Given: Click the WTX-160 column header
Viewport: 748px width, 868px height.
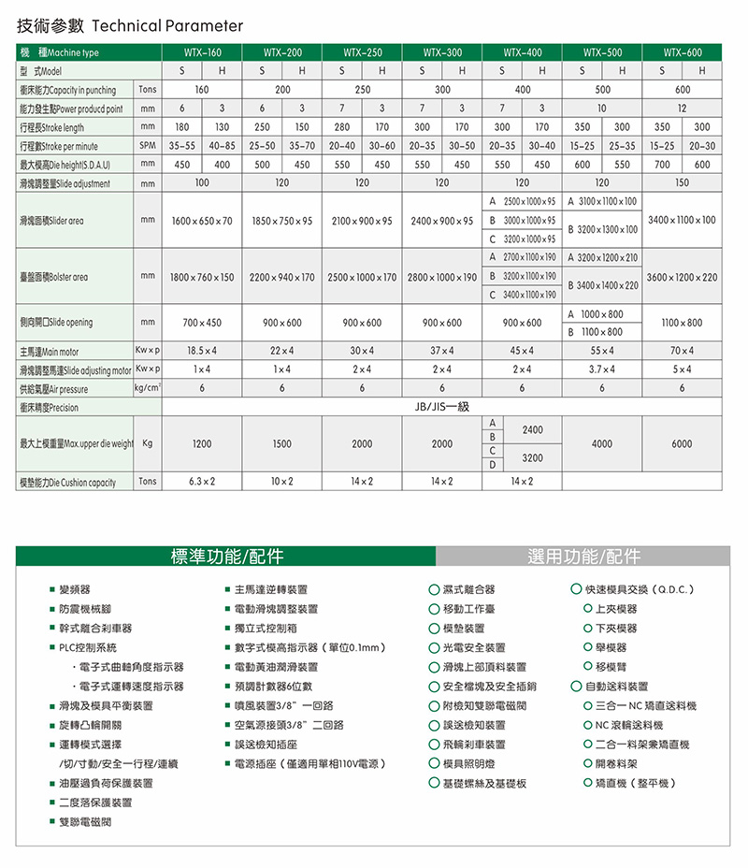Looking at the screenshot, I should click(x=202, y=53).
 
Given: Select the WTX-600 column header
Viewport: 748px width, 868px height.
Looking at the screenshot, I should click(x=682, y=53).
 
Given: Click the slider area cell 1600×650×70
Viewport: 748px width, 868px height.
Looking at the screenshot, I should click(x=202, y=221).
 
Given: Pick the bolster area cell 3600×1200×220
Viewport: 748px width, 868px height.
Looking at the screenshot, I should click(x=682, y=277).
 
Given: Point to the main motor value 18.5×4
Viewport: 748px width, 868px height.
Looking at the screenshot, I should click(x=202, y=352).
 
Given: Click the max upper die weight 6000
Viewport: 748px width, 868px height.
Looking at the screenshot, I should click(x=682, y=444).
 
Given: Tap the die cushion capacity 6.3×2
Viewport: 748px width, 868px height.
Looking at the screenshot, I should click(x=202, y=482).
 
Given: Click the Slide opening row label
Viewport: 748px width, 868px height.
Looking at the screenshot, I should click(x=56, y=323).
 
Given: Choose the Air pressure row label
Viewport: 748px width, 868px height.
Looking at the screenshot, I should click(x=54, y=389).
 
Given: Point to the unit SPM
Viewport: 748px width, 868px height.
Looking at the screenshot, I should click(x=147, y=147).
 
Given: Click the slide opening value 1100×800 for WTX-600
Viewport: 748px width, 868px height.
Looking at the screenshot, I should click(x=682, y=323).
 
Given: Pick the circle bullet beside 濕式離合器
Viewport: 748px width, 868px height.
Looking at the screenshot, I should click(x=434, y=590).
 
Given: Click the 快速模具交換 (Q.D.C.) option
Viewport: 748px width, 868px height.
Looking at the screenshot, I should click(x=639, y=590).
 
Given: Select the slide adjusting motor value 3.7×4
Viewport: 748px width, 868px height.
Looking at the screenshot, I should click(x=602, y=370).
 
